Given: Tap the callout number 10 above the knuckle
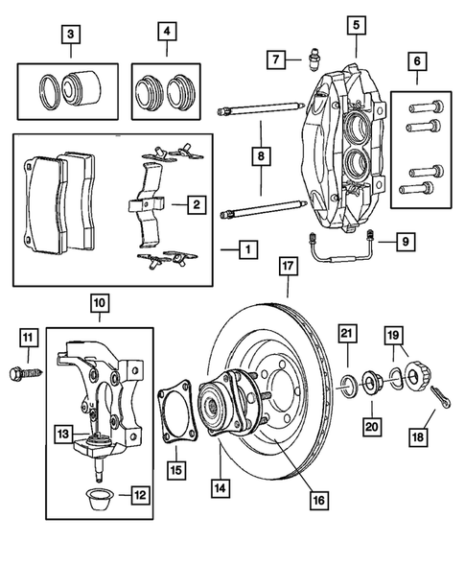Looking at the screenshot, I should (99, 304).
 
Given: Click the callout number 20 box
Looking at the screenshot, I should (370, 423).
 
